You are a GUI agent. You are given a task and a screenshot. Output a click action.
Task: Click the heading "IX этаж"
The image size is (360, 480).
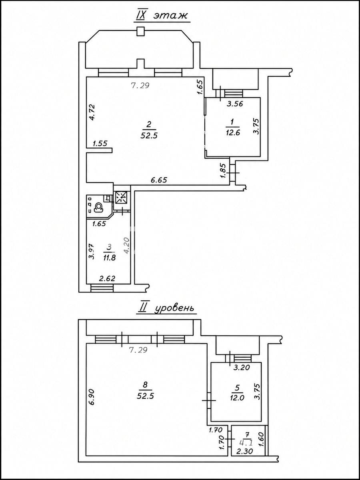(x=162, y=15)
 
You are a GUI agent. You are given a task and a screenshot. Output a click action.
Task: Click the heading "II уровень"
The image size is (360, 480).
(x=166, y=308)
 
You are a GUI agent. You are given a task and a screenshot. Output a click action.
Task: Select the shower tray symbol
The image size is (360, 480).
(x=122, y=197)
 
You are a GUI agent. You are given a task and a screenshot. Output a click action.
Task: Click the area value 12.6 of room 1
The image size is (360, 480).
(x=232, y=132)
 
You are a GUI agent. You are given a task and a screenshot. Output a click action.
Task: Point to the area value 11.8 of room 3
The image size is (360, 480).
(x=110, y=258)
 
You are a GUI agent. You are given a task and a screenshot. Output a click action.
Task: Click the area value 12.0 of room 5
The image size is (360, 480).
(x=237, y=397)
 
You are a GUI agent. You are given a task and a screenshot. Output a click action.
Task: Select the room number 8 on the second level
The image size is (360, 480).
(x=146, y=384)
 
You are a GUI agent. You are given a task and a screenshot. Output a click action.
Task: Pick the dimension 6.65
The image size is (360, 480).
(x=159, y=180)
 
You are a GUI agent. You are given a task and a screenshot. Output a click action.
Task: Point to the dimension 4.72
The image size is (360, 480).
(x=92, y=112)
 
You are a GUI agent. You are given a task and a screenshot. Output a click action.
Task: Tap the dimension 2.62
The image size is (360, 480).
(x=107, y=278)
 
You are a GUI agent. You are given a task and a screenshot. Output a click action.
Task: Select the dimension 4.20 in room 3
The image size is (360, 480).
(x=126, y=246)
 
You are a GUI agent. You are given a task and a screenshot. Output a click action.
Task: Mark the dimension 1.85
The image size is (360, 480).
(x=222, y=171)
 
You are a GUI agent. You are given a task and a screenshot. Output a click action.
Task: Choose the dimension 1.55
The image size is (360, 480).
(x=100, y=144)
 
